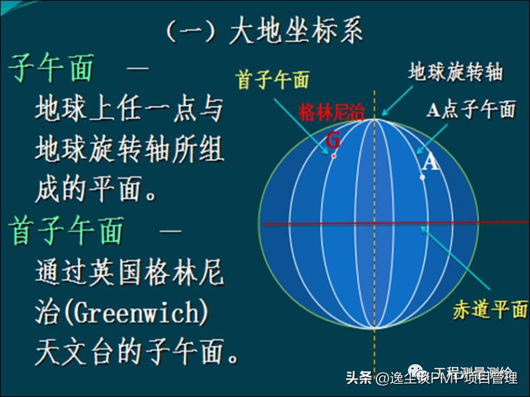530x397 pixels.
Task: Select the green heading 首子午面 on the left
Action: click(67, 231)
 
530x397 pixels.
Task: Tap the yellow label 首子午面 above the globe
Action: click(273, 80)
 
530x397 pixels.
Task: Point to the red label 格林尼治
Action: click(331, 113)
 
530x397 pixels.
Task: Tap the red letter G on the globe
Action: click(334, 140)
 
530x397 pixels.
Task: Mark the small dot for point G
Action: click(334, 155)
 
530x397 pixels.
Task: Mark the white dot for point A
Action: click(423, 176)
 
